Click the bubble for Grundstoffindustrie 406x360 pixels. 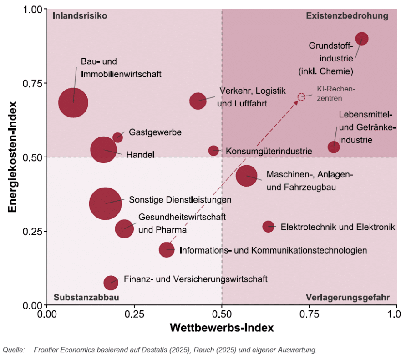click(362, 39)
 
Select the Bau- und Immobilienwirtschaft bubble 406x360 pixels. click(73, 102)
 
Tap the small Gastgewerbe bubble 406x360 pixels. click(117, 137)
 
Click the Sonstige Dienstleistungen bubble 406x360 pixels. click(106, 203)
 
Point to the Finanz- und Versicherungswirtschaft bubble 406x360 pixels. click(111, 283)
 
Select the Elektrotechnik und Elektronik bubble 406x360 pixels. click(269, 226)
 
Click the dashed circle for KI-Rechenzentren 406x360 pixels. click(301, 97)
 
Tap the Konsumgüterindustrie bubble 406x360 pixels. click(213, 150)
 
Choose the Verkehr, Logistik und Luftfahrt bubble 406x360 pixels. click(198, 100)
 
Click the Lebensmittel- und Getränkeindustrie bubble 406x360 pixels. click(334, 147)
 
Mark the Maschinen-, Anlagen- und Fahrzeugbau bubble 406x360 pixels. click(247, 176)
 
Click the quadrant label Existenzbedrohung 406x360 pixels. click(347, 16)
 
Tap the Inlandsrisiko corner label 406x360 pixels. click(79, 16)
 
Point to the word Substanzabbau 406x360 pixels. click(86, 298)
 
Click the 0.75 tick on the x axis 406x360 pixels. click(309, 314)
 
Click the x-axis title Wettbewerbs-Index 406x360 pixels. click(222, 328)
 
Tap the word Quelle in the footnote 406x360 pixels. click(13, 350)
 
